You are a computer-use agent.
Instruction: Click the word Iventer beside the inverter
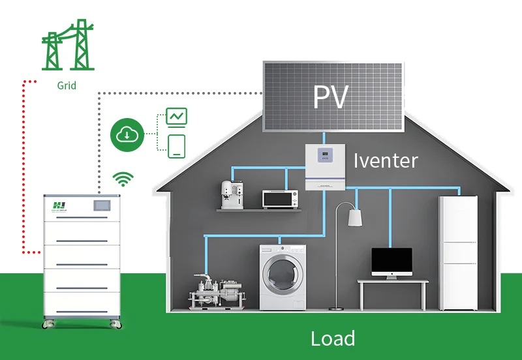[386, 160]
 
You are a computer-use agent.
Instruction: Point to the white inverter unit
[324, 168]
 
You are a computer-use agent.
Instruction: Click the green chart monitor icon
[177, 117]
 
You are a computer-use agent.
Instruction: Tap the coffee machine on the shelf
[231, 194]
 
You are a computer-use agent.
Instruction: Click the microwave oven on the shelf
[280, 198]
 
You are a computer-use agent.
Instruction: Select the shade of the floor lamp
[355, 217]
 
